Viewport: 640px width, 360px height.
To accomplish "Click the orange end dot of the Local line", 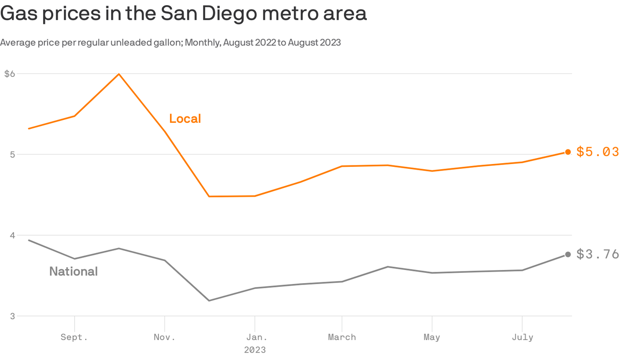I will click(x=568, y=152).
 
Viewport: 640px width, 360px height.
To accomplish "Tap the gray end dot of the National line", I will click(x=568, y=255).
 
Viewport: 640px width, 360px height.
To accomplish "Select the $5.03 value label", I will click(x=597, y=152).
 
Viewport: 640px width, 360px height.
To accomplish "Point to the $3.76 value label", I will click(x=597, y=255).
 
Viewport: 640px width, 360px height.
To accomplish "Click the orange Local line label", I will click(x=185, y=119).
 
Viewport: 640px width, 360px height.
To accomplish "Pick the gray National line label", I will click(x=74, y=271).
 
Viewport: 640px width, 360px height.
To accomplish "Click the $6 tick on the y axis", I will click(x=9, y=74).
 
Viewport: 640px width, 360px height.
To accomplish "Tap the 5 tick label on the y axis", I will click(x=12, y=155).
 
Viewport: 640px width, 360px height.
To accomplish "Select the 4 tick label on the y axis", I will click(x=12, y=235).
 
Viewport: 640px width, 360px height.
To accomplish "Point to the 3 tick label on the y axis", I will click(x=12, y=316).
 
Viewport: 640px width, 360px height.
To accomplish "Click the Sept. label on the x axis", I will click(x=74, y=337).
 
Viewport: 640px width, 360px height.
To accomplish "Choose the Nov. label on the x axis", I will click(x=164, y=337).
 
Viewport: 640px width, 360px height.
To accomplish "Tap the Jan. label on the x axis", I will click(x=254, y=337).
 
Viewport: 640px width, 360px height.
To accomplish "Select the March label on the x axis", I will click(x=342, y=337).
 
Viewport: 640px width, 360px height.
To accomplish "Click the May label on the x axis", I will click(x=432, y=337).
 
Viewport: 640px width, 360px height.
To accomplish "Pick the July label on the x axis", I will click(x=522, y=337).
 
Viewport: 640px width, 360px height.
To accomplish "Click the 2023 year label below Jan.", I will click(x=254, y=350).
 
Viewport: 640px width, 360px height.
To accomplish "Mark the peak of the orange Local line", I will click(x=119, y=74).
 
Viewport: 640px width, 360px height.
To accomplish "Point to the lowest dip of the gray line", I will click(x=209, y=300).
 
